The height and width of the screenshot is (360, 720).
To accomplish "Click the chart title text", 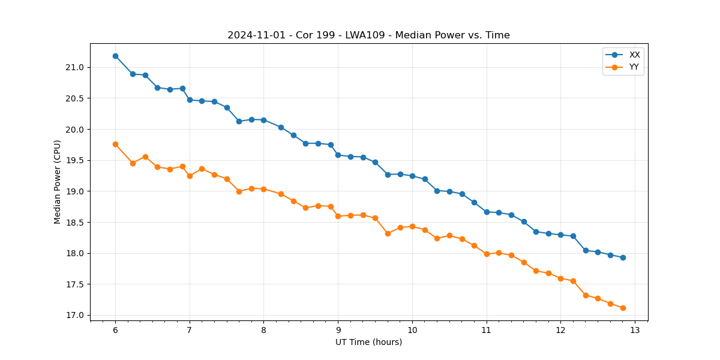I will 368,35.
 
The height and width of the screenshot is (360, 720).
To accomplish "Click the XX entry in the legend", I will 634,55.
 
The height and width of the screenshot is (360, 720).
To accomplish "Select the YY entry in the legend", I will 634,67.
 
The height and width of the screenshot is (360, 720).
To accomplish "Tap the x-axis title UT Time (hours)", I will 368,342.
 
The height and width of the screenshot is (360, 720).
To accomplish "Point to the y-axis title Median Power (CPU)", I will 58,182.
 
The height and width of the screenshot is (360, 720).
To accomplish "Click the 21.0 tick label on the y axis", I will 75,67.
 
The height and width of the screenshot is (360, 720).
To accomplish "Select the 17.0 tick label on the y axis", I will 75,315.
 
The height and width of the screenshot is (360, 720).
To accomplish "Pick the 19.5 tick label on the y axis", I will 75,160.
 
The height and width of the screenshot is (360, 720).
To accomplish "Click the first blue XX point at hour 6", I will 115,56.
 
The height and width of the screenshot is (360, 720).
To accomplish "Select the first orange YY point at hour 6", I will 115,144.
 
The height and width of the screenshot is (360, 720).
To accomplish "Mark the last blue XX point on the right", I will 623,257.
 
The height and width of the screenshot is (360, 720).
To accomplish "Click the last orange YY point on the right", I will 623,308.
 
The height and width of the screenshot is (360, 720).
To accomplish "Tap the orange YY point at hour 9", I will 338,216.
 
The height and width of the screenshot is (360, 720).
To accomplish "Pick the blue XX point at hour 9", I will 338,155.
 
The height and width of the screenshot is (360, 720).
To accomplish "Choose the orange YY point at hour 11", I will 487,254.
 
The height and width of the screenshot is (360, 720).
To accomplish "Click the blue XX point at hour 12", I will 560,235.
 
